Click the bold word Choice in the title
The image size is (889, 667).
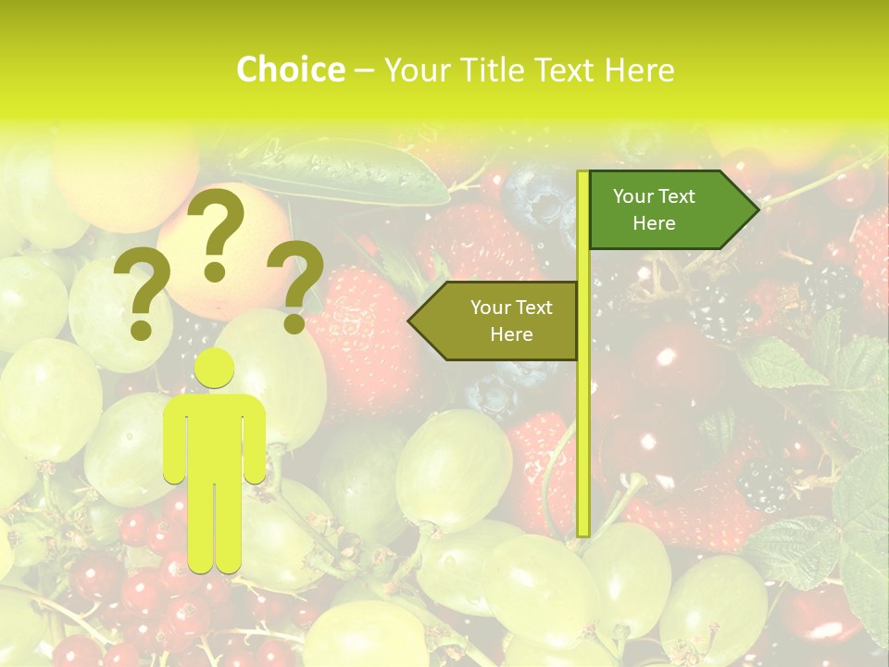(x=290, y=70)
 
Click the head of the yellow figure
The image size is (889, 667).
(x=214, y=370)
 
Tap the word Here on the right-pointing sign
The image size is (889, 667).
(x=654, y=223)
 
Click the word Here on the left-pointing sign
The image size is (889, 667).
(x=511, y=334)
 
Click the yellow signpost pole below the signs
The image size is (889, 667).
(x=583, y=445)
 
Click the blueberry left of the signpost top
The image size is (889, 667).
(x=535, y=199)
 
